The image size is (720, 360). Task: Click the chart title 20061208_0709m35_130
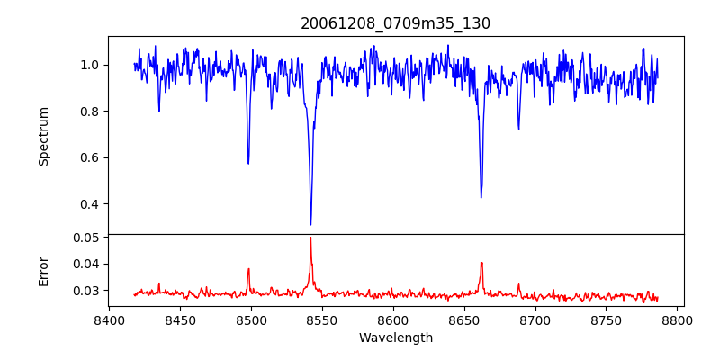(395, 23)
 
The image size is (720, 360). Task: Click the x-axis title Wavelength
(395, 337)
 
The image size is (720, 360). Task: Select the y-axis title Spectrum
(43, 136)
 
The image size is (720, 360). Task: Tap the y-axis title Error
(43, 270)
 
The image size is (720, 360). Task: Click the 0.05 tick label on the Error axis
(86, 238)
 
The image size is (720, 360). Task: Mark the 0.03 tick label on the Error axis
(86, 291)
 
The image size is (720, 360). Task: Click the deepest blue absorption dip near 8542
(310, 224)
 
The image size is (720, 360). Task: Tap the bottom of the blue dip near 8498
(248, 163)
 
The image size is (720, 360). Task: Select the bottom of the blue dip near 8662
(481, 197)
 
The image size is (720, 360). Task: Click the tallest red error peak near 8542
(310, 238)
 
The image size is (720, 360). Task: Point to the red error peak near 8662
(481, 263)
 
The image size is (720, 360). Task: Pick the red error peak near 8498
(248, 269)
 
